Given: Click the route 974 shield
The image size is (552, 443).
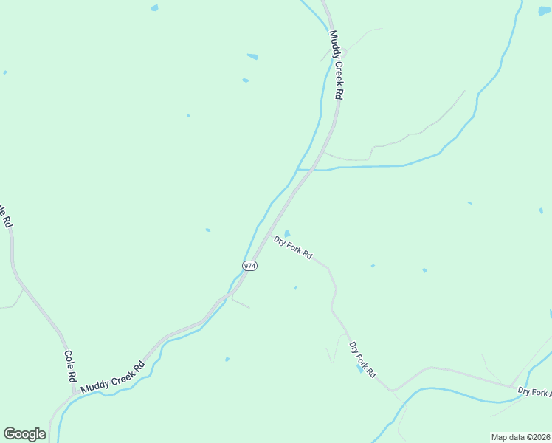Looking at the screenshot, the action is (250, 266).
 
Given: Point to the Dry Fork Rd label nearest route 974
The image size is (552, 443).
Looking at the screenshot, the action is (293, 247).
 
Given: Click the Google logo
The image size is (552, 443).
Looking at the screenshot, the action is (24, 434).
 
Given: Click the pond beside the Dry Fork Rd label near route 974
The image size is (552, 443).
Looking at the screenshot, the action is (287, 234).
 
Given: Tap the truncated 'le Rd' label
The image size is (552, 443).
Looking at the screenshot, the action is (6, 216).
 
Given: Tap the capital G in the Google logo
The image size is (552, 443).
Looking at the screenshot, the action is (10, 433).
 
